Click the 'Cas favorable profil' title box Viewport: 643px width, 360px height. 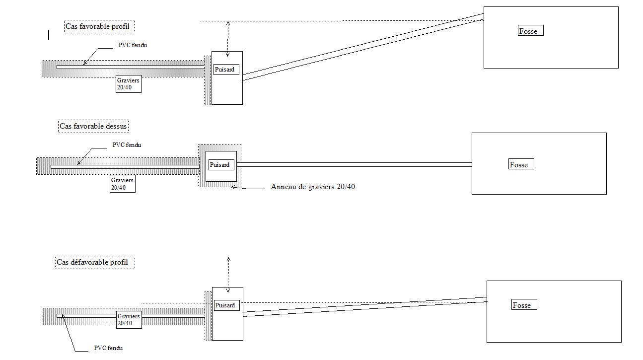click(x=100, y=26)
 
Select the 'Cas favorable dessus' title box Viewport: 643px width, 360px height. click(x=93, y=126)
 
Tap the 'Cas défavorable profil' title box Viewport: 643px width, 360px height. click(x=95, y=262)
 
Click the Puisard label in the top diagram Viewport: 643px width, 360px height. click(x=226, y=70)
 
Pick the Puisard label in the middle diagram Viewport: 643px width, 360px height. click(x=221, y=165)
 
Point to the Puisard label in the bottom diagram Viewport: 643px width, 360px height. click(x=226, y=305)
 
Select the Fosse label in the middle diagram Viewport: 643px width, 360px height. click(x=521, y=165)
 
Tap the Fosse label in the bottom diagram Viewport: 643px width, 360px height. click(x=524, y=305)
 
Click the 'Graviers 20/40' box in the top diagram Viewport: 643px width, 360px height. click(x=128, y=84)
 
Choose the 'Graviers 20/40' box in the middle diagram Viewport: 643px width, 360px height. click(x=122, y=184)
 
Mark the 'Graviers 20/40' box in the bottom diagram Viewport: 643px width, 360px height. click(x=129, y=319)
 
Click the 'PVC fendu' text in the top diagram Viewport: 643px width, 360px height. click(x=133, y=45)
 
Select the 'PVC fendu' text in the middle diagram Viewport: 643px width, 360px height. click(x=127, y=145)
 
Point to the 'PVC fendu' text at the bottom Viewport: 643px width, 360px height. click(x=108, y=348)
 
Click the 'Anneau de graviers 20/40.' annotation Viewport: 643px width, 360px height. click(x=314, y=187)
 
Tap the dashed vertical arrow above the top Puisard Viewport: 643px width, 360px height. click(x=228, y=38)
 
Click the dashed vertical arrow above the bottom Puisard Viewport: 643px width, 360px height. click(x=228, y=275)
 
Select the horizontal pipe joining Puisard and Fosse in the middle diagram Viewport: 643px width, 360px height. click(x=354, y=164)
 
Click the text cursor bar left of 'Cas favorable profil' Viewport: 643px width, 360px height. click(x=49, y=35)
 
